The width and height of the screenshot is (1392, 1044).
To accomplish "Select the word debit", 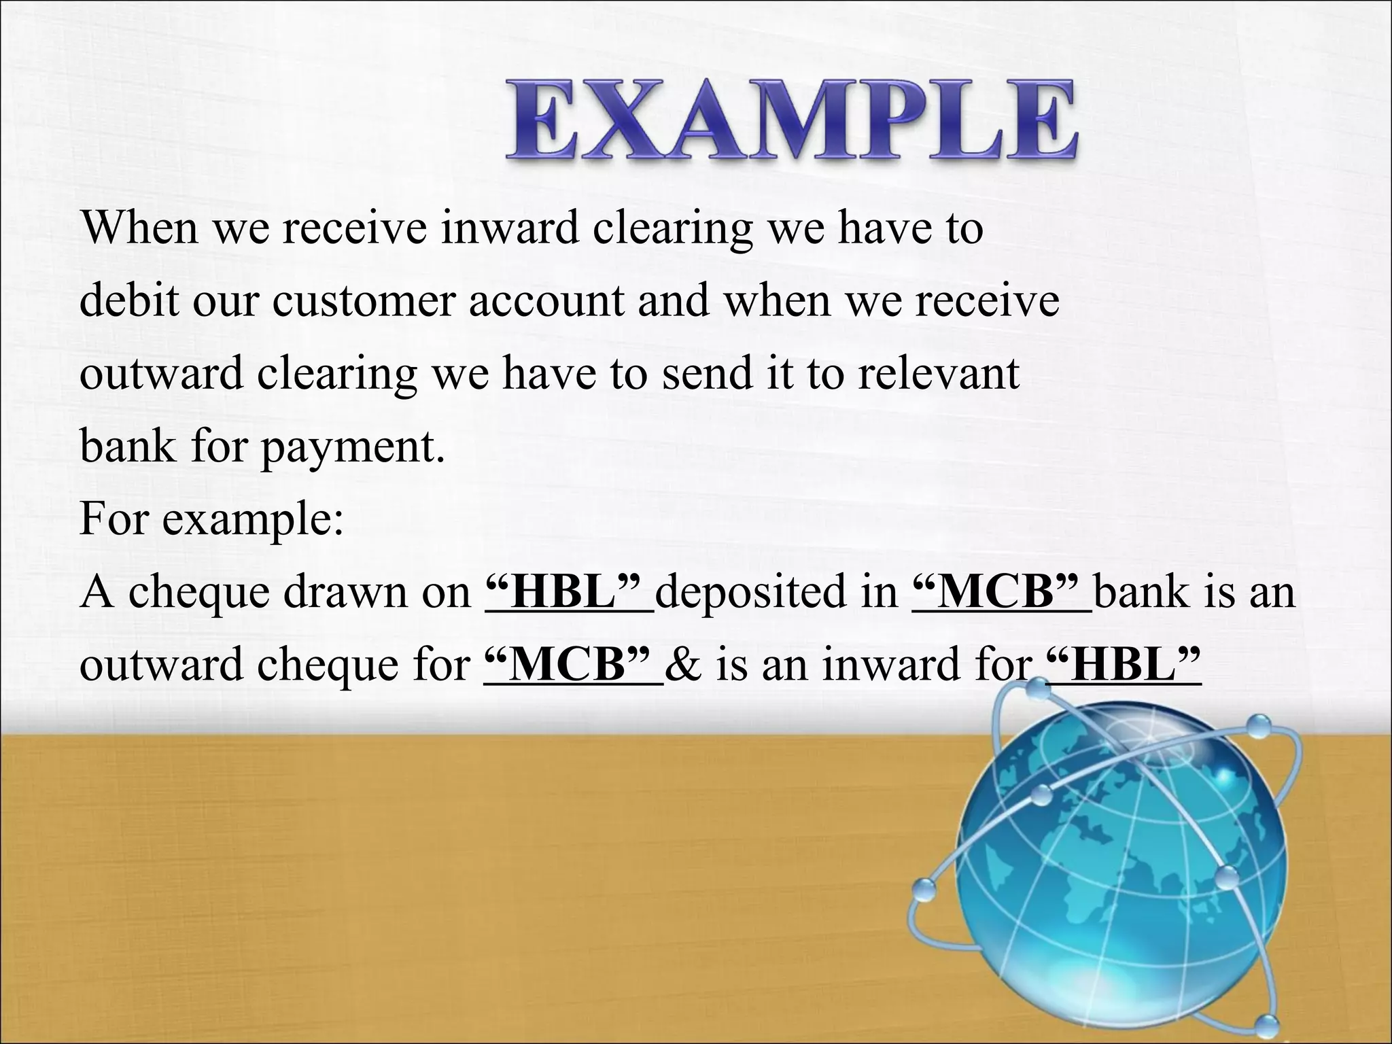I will [x=129, y=301].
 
